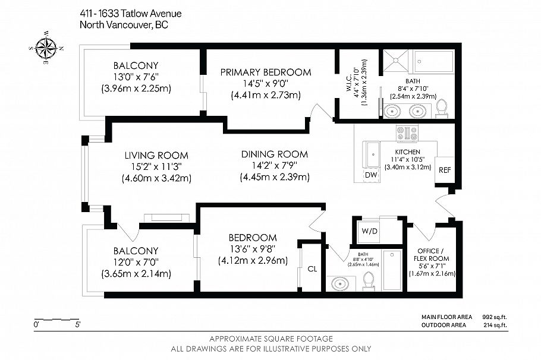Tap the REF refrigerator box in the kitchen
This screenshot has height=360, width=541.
(x=444, y=170)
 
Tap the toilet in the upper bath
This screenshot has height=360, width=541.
(x=441, y=108)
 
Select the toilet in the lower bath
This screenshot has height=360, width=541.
(x=369, y=280)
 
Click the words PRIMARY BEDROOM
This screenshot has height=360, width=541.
(x=265, y=72)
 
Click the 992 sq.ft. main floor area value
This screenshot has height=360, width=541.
(x=493, y=317)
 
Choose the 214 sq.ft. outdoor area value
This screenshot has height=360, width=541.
(x=493, y=325)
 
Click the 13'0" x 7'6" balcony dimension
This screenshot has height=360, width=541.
(x=136, y=77)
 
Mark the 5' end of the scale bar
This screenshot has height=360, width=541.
(x=77, y=325)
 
